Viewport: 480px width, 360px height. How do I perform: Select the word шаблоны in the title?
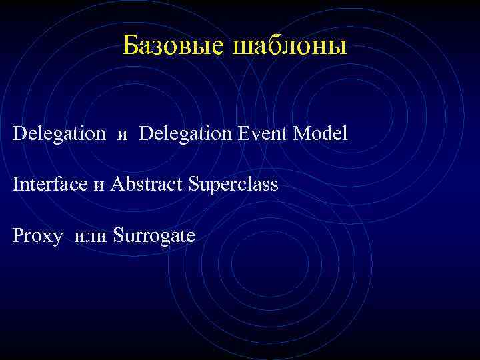point(289,47)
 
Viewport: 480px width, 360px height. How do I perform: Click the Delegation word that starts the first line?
point(59,134)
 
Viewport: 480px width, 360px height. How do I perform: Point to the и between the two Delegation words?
point(122,136)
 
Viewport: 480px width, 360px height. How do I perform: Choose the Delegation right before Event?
point(185,134)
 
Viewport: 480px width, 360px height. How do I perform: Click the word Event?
point(262,133)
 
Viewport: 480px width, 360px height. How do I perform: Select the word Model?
point(321,133)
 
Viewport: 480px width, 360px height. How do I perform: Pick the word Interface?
point(51,184)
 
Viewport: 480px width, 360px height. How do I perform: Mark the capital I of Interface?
point(15,184)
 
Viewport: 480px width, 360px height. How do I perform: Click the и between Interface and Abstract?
point(99,186)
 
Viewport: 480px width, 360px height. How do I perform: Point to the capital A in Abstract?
point(118,184)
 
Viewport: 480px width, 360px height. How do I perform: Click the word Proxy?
point(37,235)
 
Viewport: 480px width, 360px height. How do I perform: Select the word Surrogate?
point(154,236)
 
